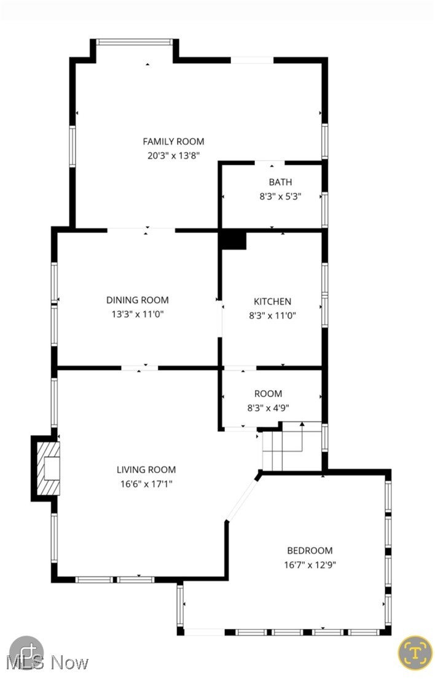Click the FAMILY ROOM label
173,141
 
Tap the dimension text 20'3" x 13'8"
173,156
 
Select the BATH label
280,182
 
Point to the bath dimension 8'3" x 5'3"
280,197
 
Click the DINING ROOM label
137,300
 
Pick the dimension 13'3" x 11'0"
137,315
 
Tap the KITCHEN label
272,301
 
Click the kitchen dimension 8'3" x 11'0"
272,316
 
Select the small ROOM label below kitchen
268,393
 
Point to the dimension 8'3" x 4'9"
268,408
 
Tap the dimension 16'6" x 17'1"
146,485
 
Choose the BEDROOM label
310,550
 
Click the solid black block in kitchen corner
233,240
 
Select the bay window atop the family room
135,42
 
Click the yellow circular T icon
415,652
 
